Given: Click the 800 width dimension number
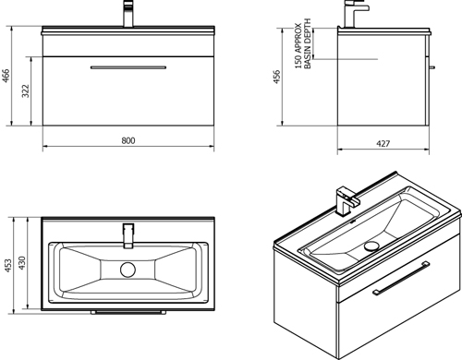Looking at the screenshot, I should click(x=128, y=140).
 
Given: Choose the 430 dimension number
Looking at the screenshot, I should click(x=28, y=266).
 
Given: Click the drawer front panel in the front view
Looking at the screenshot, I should click(x=128, y=92).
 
